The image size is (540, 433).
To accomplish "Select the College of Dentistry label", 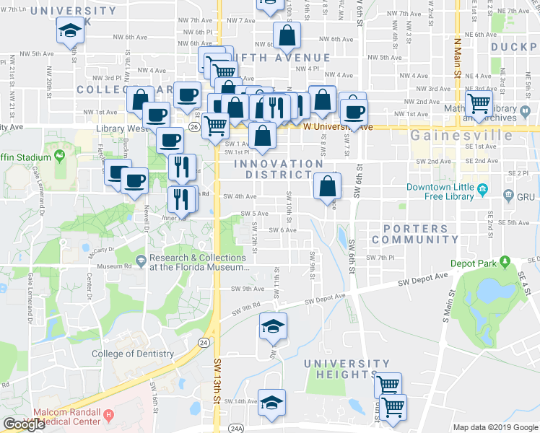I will point(133,354).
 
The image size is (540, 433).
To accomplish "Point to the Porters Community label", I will point(415,234).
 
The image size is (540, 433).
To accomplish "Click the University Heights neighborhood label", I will point(347,369).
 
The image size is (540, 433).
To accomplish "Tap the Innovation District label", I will point(278,169).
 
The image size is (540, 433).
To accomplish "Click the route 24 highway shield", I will point(205,342).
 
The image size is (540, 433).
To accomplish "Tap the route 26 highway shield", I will point(194,127).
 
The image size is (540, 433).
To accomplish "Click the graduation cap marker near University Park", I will point(70,31).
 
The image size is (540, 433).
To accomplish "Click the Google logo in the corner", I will point(24,424).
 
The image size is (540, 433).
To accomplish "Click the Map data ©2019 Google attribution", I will point(495,427).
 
